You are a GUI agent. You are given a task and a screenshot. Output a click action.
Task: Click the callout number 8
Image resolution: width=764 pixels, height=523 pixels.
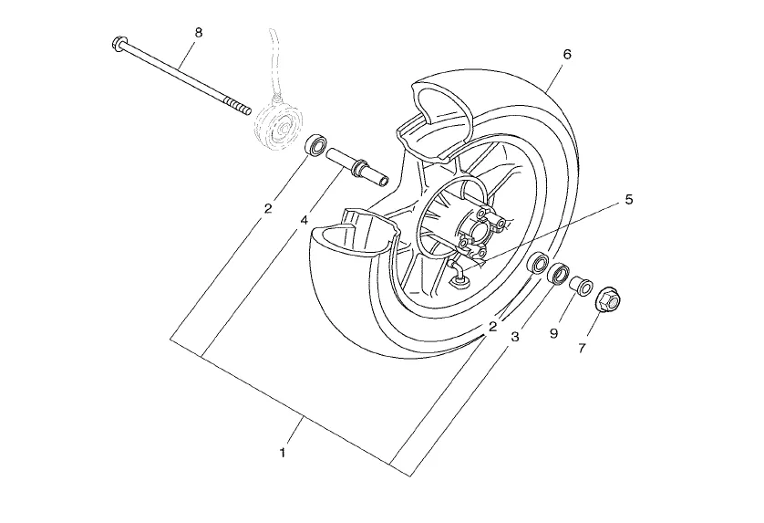tap(198, 33)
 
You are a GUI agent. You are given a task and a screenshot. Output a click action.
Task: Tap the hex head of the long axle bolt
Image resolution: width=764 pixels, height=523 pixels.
tap(118, 44)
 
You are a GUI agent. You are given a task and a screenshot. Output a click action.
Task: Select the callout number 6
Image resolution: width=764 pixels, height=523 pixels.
tap(567, 55)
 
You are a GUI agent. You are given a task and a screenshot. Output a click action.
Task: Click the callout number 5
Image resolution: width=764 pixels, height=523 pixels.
tap(628, 200)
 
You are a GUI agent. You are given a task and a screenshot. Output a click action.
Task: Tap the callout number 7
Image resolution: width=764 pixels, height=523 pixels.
tap(582, 349)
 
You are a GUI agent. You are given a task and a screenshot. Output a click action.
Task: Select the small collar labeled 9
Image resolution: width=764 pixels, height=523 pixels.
tap(582, 285)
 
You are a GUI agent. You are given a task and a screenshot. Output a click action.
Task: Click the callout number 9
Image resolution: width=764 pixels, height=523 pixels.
tap(553, 334)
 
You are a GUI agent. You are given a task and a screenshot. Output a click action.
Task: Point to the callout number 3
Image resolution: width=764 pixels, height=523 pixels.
tap(515, 337)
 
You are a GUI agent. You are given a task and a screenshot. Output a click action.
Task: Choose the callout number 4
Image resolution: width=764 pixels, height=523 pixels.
tap(304, 221)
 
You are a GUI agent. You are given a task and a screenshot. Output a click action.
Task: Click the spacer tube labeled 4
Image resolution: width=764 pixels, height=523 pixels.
tap(357, 167)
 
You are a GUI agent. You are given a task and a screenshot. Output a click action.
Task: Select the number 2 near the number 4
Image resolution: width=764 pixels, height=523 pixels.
tap(267, 209)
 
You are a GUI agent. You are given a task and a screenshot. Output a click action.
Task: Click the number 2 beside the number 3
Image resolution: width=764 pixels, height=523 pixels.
tap(492, 327)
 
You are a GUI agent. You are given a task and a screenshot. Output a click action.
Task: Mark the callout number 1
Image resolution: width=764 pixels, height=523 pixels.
tap(282, 453)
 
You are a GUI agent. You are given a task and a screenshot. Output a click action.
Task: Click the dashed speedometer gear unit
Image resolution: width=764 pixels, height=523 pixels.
tap(278, 122)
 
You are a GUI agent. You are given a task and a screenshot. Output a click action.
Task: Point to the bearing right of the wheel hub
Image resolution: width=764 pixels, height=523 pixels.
tap(539, 263)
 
